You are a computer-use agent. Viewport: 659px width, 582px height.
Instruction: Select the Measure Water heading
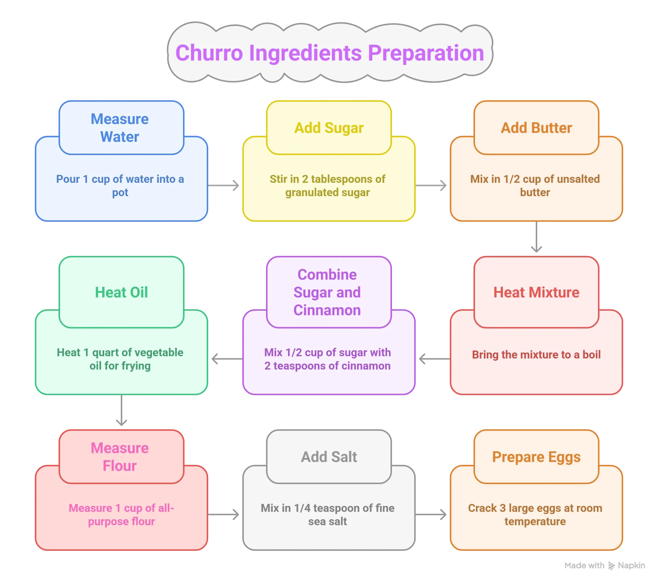tap(120, 128)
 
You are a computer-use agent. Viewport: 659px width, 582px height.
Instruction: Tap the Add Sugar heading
tap(329, 128)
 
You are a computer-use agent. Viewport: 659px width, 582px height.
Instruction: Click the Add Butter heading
tap(536, 128)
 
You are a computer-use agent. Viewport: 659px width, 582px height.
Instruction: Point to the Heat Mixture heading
tap(536, 292)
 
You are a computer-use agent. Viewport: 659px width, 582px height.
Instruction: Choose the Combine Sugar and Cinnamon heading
tap(327, 292)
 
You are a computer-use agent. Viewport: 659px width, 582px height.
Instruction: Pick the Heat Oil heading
tap(121, 292)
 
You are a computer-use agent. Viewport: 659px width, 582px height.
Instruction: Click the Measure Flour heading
tap(120, 457)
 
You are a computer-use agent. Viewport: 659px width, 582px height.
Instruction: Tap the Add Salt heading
tap(329, 457)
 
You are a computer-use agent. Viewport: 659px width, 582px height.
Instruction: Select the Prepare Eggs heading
tap(536, 457)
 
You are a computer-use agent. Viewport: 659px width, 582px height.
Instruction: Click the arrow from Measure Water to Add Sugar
tap(225, 185)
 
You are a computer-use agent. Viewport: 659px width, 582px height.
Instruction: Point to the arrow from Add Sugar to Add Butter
tap(431, 185)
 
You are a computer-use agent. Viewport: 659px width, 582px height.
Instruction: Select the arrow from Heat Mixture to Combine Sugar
tap(433, 359)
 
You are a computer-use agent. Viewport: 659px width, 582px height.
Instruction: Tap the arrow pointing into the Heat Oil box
tap(226, 359)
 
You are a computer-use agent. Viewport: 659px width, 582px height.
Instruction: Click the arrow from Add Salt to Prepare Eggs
tap(431, 514)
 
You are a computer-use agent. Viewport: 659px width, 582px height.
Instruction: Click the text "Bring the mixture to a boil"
tap(536, 355)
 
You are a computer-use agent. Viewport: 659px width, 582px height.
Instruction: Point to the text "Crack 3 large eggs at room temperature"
tap(535, 515)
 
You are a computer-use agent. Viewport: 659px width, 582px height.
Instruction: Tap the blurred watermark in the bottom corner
tap(605, 566)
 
